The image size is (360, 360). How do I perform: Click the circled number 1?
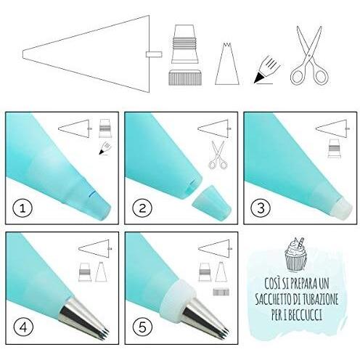(x=22, y=208)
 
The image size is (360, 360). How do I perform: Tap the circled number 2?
(x=142, y=208)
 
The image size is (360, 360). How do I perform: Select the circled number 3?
(x=261, y=208)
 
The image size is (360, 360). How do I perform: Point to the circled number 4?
(x=23, y=327)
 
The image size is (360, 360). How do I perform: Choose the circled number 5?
(x=142, y=327)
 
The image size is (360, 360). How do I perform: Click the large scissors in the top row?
(x=310, y=55)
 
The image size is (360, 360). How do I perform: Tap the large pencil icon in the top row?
(x=267, y=70)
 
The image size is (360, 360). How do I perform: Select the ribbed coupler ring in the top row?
(x=186, y=78)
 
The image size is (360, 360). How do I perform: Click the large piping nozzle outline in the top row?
(x=227, y=64)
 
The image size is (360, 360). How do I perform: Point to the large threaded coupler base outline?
(x=185, y=44)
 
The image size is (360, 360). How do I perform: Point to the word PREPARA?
(x=302, y=284)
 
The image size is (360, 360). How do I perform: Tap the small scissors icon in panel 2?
(x=218, y=155)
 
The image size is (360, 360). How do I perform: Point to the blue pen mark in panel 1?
(x=91, y=194)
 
